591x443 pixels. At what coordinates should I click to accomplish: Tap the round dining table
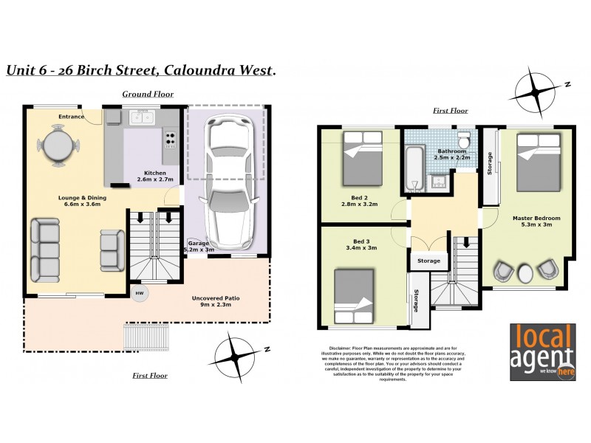pyautogui.click(x=58, y=145)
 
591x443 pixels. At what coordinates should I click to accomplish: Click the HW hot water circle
pyautogui.click(x=140, y=293)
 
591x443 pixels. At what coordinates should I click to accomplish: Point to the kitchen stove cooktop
pyautogui.click(x=170, y=138)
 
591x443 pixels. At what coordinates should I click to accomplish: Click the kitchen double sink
pyautogui.click(x=141, y=117)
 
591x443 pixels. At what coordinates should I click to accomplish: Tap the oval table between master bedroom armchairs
pyautogui.click(x=525, y=272)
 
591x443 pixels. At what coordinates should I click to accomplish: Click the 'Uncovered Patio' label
pyautogui.click(x=217, y=298)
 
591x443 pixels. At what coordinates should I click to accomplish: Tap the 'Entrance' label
pyautogui.click(x=72, y=117)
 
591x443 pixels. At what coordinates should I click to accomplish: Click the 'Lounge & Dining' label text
pyautogui.click(x=80, y=198)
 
